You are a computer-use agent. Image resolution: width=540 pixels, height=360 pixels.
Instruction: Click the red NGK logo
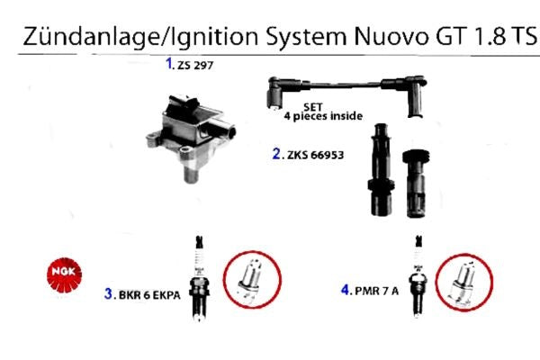(x=65, y=274)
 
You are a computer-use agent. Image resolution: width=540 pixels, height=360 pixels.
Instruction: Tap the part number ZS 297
(x=195, y=66)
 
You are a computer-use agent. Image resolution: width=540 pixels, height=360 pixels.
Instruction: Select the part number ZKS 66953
(x=316, y=155)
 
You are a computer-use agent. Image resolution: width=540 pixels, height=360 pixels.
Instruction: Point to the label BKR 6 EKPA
(x=149, y=295)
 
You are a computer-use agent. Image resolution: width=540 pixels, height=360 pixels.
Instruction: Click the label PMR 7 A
(x=377, y=292)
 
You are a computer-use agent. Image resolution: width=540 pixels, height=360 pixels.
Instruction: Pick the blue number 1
(x=169, y=63)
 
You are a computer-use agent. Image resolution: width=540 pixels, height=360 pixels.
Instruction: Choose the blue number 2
(x=276, y=154)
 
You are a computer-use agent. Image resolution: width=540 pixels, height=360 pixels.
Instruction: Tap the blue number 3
(x=108, y=294)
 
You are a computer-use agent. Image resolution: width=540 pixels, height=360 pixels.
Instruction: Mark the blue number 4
(x=346, y=290)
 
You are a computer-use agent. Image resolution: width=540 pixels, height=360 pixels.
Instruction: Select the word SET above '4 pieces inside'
(x=312, y=107)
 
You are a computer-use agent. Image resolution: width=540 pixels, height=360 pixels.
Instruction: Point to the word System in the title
(x=306, y=37)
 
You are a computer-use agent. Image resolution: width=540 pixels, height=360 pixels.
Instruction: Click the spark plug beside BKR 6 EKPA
(x=199, y=278)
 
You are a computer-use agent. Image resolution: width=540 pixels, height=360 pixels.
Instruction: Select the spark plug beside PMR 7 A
(x=418, y=275)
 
